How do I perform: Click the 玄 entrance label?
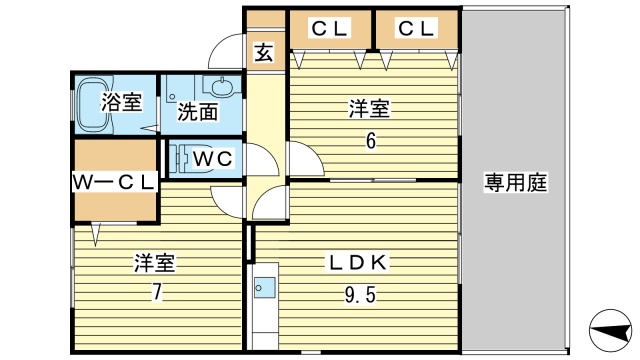pos(263,53)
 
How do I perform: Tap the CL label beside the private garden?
pos(417,29)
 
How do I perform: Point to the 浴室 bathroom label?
pos(121,101)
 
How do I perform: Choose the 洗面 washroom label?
pos(198,112)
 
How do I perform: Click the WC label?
pos(213,158)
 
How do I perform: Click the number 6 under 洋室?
pos(371,141)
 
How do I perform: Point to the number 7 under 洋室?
pos(156,293)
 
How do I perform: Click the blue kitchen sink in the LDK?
pos(266,289)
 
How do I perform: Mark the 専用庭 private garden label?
pos(516,182)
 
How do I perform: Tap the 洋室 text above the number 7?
pos(156,264)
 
